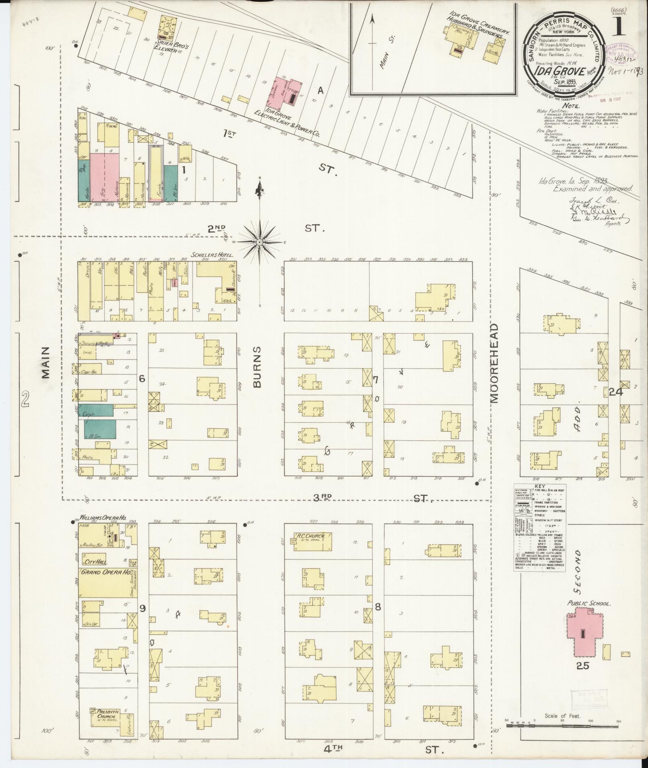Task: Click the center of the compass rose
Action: (x=260, y=242)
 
